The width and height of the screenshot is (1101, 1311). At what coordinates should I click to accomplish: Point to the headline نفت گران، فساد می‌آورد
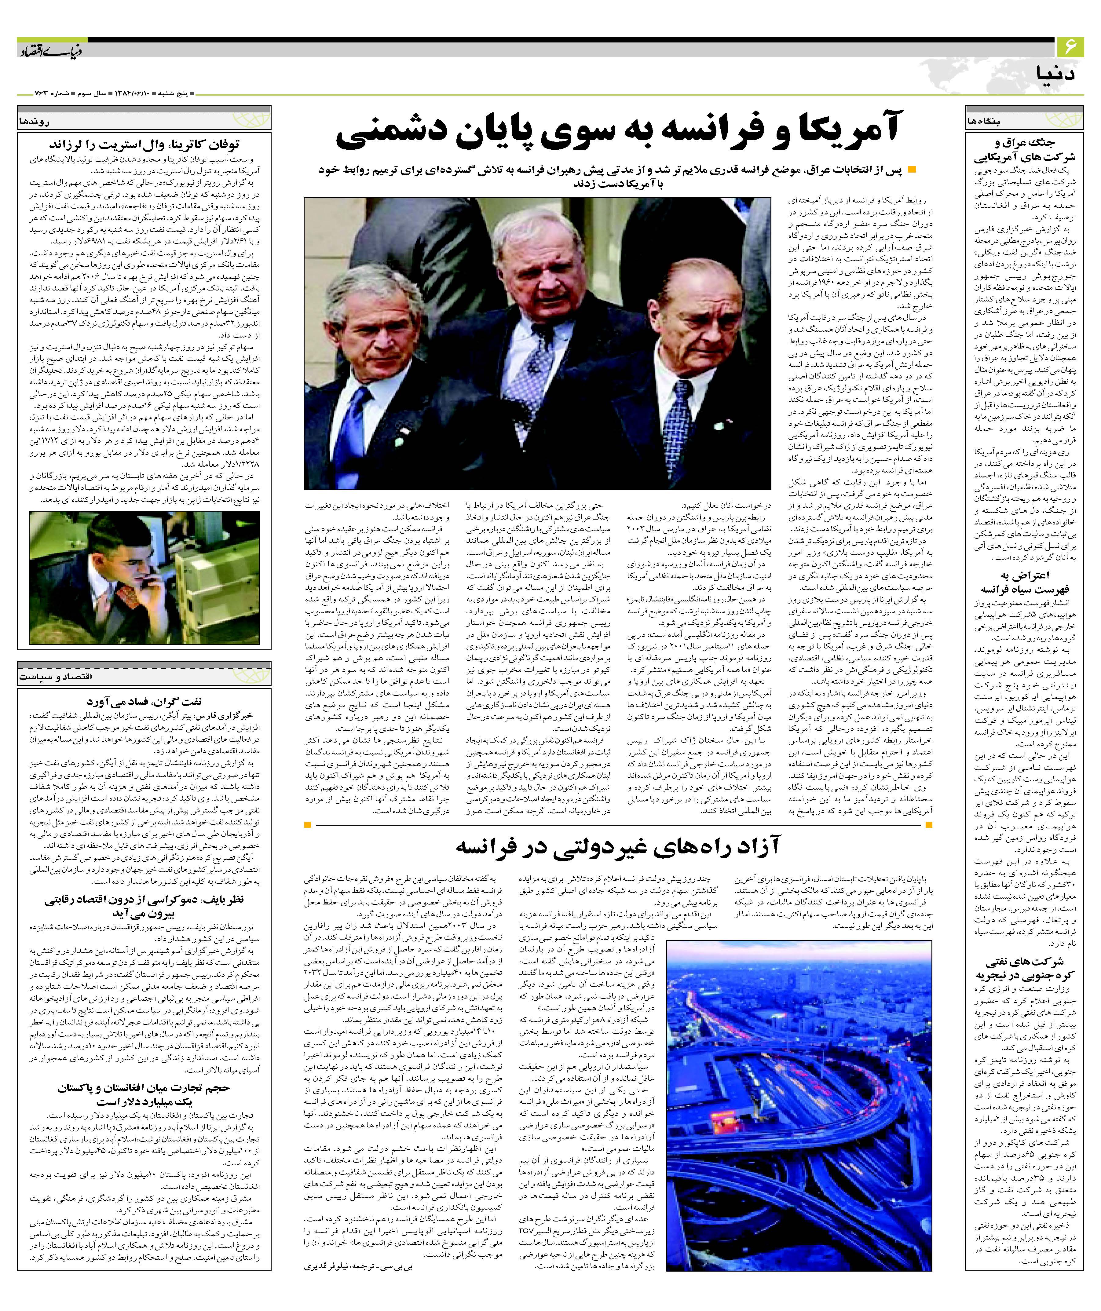click(x=144, y=701)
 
